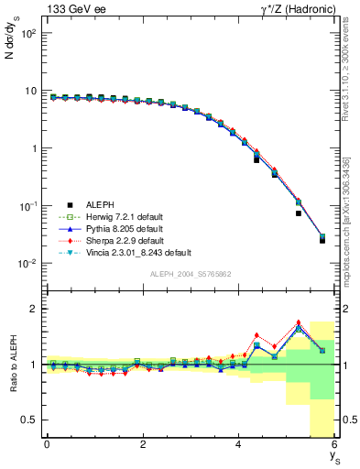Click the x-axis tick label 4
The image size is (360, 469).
238,444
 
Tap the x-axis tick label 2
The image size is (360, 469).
143,444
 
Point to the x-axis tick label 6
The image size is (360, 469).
333,444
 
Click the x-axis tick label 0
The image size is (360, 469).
47,444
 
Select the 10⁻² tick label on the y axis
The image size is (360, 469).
27,264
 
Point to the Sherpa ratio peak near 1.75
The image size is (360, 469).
299,322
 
